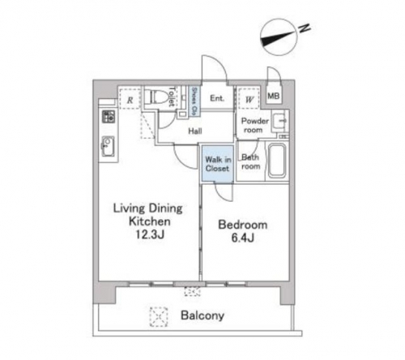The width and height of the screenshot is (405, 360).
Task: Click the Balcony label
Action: (x=202, y=315)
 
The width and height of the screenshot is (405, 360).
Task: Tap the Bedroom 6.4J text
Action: (x=243, y=231)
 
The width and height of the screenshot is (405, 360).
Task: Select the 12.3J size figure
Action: (x=150, y=234)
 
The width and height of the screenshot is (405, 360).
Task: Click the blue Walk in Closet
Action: (x=217, y=164)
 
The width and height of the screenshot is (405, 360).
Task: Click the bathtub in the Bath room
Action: (x=277, y=161)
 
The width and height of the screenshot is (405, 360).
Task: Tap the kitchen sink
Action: (x=108, y=147)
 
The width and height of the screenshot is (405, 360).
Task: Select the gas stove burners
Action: (x=109, y=117)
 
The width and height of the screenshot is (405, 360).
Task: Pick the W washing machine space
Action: (x=249, y=99)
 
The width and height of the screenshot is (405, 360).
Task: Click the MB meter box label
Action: (x=273, y=96)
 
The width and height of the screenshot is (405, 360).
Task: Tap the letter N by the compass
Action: (x=305, y=28)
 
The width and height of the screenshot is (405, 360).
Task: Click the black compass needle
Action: (x=278, y=38)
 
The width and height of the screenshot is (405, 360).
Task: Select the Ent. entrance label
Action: (x=217, y=98)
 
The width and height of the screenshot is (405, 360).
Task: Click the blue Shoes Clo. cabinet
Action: (x=194, y=101)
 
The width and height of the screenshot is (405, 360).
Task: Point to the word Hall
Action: (x=195, y=131)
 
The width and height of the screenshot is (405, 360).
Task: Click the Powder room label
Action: (x=254, y=126)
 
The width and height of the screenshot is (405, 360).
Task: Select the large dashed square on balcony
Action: (x=159, y=317)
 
